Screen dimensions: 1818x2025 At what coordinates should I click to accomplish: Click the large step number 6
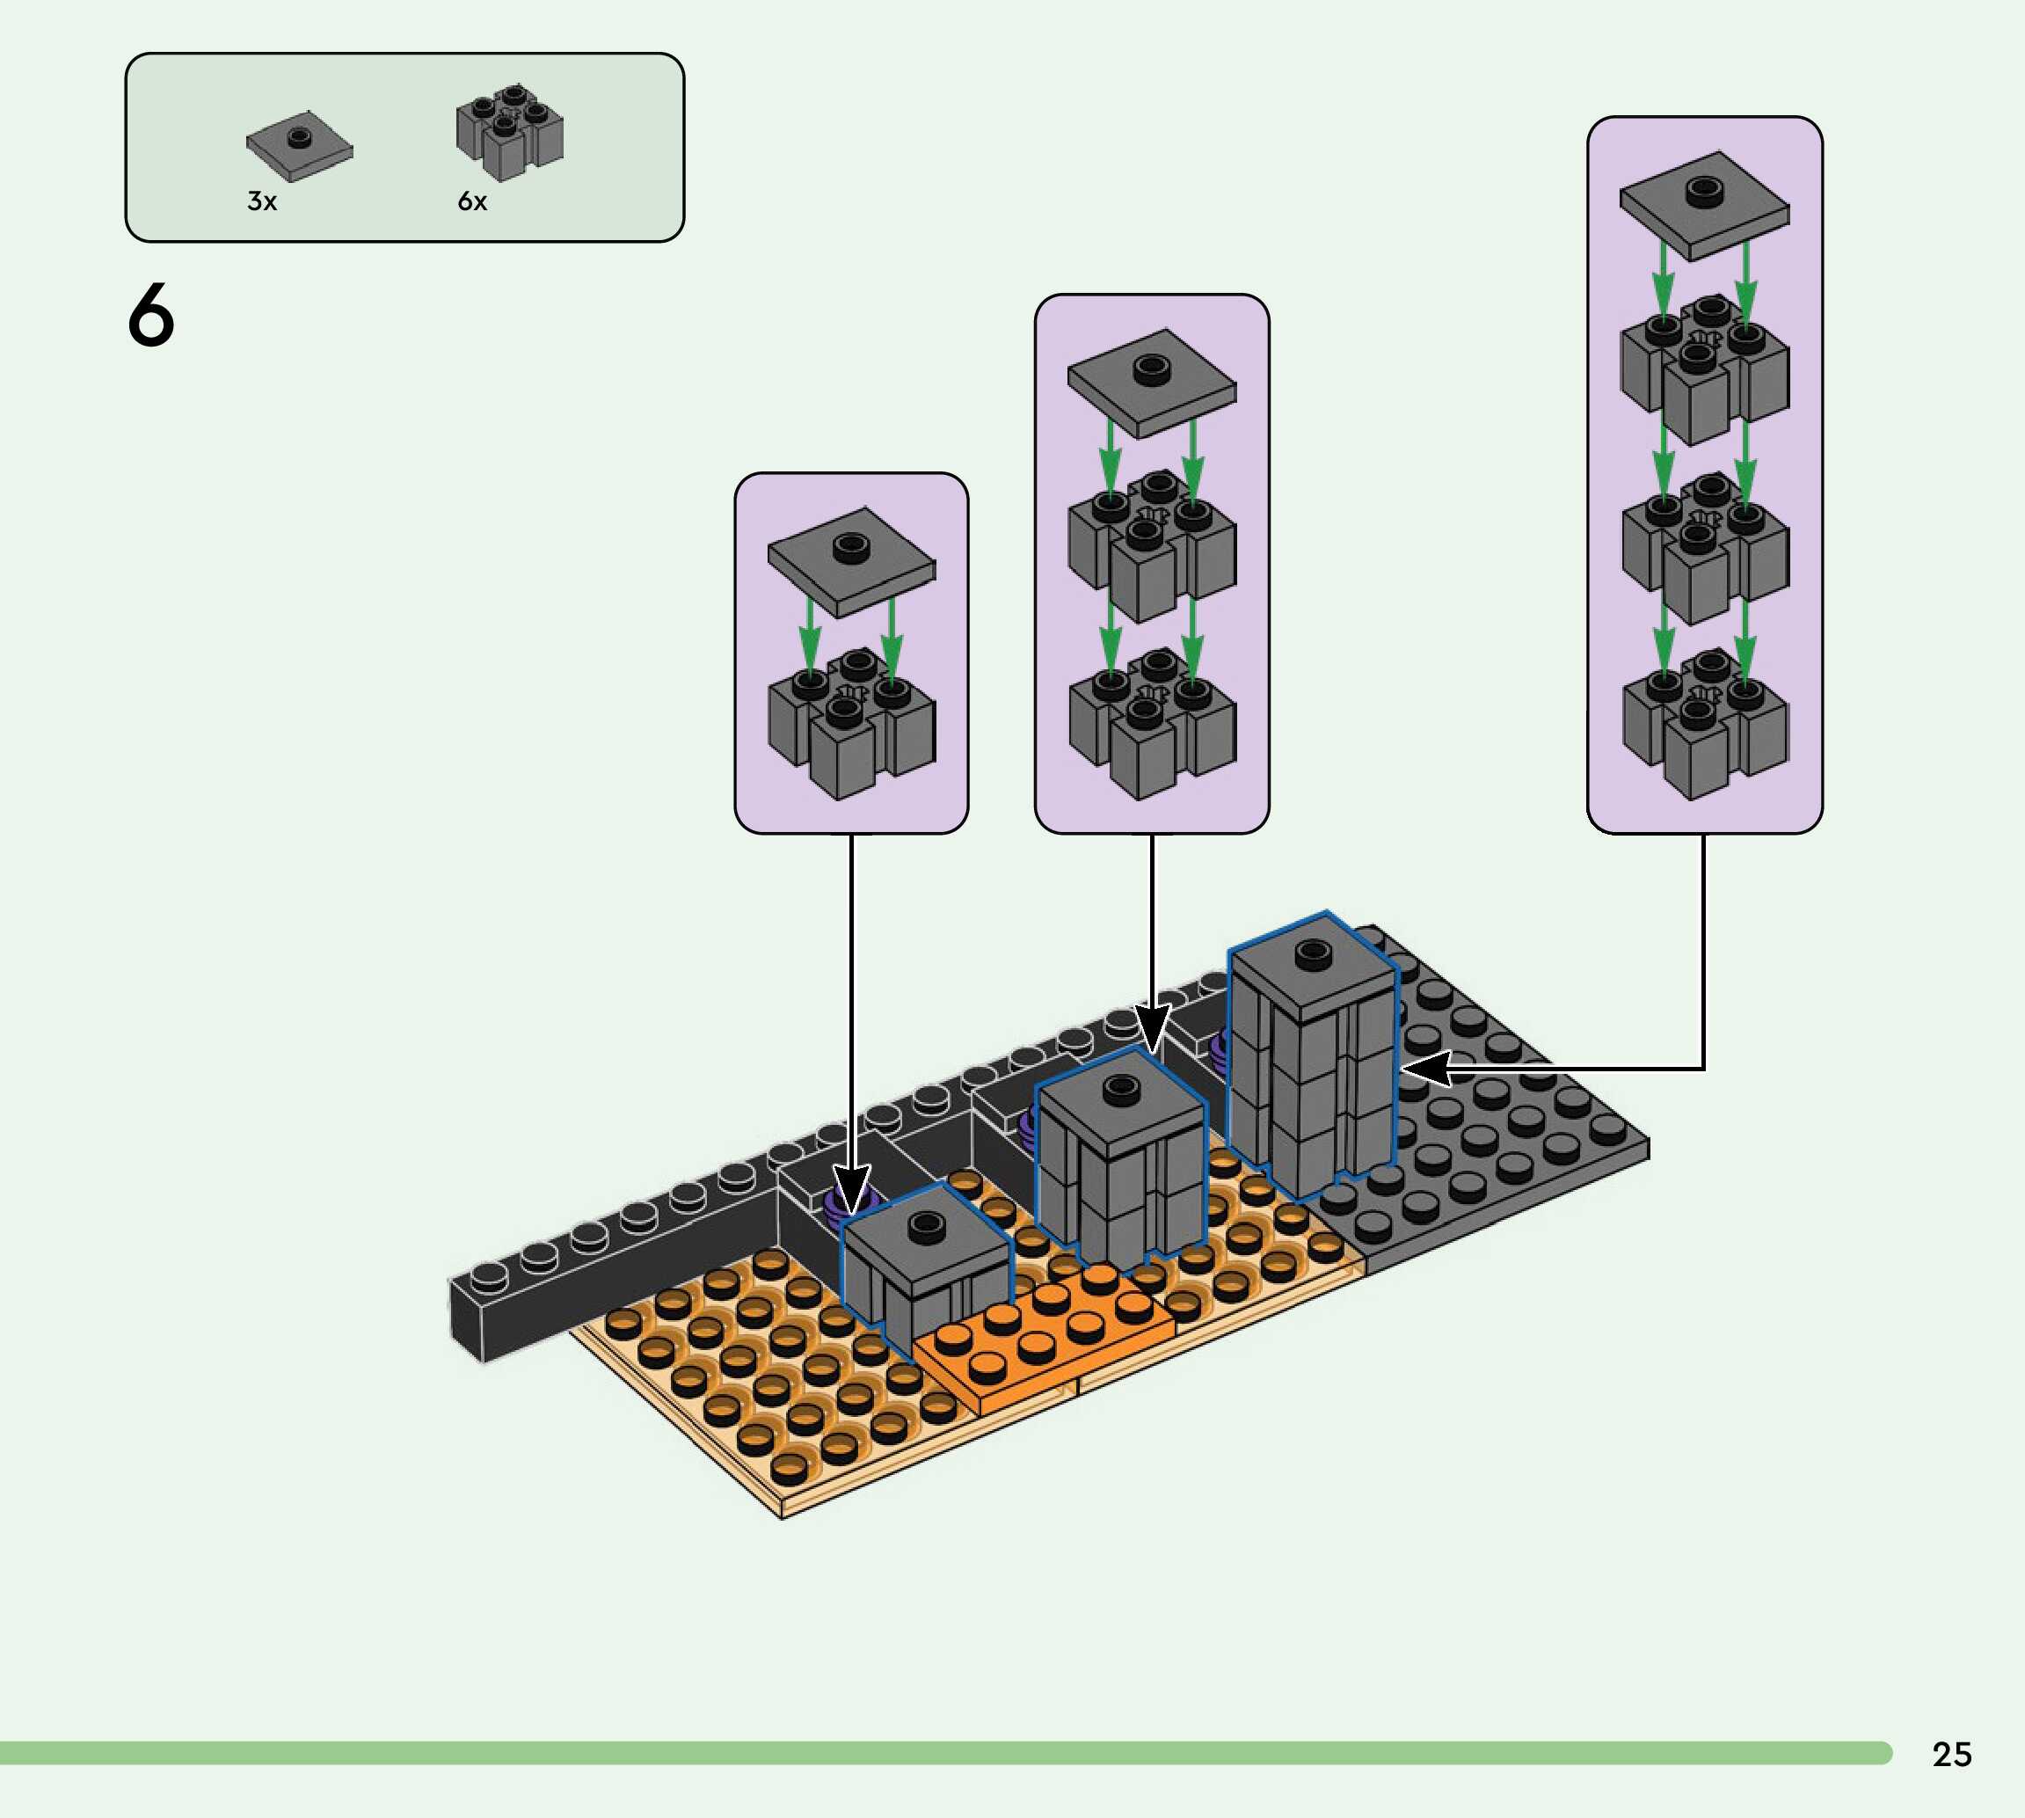pos(150,315)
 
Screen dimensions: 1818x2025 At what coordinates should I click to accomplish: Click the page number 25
pos(1951,1754)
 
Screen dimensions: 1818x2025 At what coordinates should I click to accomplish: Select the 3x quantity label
pos(262,201)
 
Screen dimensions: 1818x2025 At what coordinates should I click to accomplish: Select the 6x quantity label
pos(472,201)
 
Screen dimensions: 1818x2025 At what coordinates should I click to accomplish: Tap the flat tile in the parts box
pos(299,148)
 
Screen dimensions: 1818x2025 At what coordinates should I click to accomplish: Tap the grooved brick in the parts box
pos(509,132)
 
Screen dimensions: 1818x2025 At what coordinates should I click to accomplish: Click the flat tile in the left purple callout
pos(851,561)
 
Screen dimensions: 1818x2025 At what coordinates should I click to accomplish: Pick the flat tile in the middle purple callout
pos(1151,383)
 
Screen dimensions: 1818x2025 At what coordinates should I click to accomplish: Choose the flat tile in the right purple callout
pos(1704,205)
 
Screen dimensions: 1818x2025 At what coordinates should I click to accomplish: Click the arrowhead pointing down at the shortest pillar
pos(852,1193)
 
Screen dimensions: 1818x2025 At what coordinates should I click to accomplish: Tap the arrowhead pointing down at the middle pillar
pos(1151,1029)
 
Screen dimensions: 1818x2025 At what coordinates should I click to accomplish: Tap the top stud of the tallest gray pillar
pos(1312,955)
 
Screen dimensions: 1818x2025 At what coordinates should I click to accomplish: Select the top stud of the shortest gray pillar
pos(926,1223)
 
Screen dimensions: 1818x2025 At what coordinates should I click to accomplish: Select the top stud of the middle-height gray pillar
pos(1120,1089)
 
